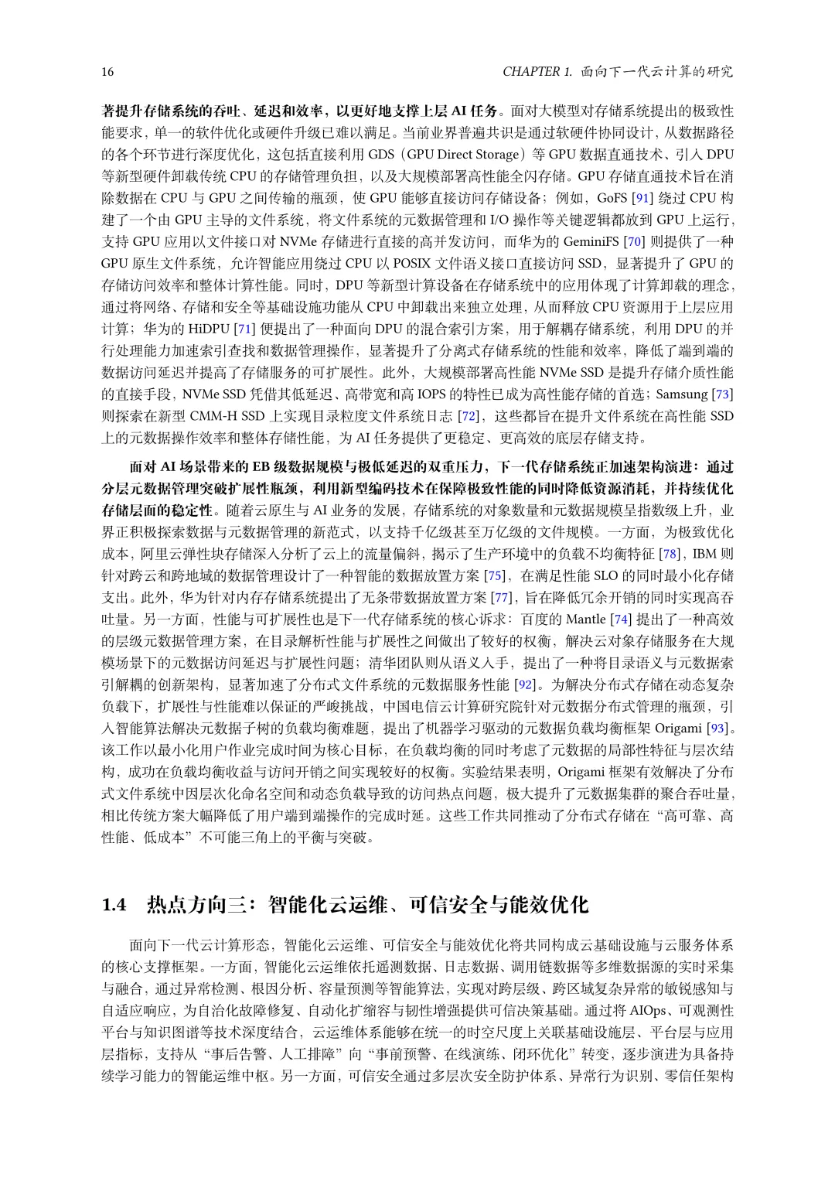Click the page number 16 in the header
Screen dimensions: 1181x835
pos(107,72)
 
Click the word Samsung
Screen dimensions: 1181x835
pos(682,394)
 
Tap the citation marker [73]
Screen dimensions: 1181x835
pos(723,394)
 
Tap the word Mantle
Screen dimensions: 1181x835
pos(587,620)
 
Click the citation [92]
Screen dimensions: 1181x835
pos(525,684)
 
